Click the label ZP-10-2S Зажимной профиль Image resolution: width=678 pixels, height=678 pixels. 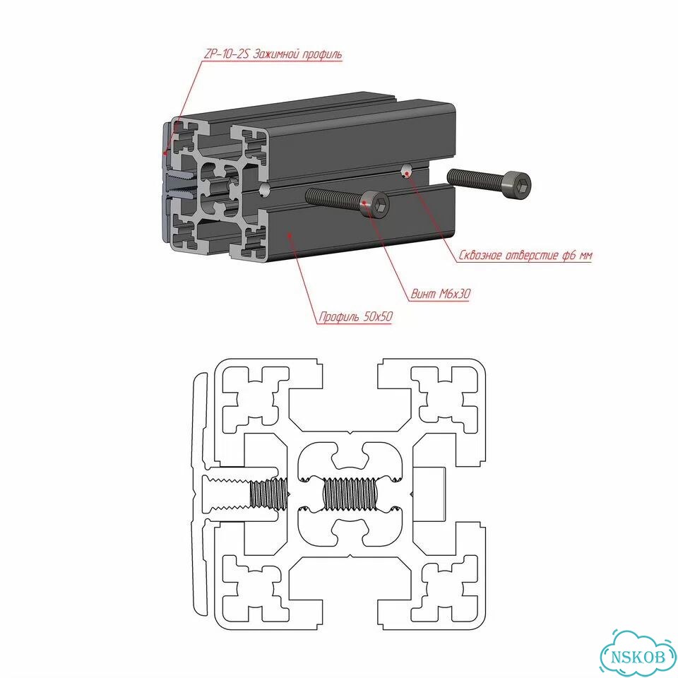[272, 54]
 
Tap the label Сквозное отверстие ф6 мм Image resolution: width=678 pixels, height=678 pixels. [525, 255]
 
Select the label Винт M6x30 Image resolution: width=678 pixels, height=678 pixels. [440, 294]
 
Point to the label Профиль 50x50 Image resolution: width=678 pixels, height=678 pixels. [355, 316]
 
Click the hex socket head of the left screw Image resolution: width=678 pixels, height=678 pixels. [375, 204]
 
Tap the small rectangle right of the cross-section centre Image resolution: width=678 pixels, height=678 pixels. [429, 494]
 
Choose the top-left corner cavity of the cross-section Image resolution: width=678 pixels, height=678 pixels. [255, 397]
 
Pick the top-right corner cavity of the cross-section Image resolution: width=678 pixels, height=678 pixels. [446, 397]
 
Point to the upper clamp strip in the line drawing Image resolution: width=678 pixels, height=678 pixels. [200, 422]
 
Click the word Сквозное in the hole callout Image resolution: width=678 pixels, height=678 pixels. [480, 255]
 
